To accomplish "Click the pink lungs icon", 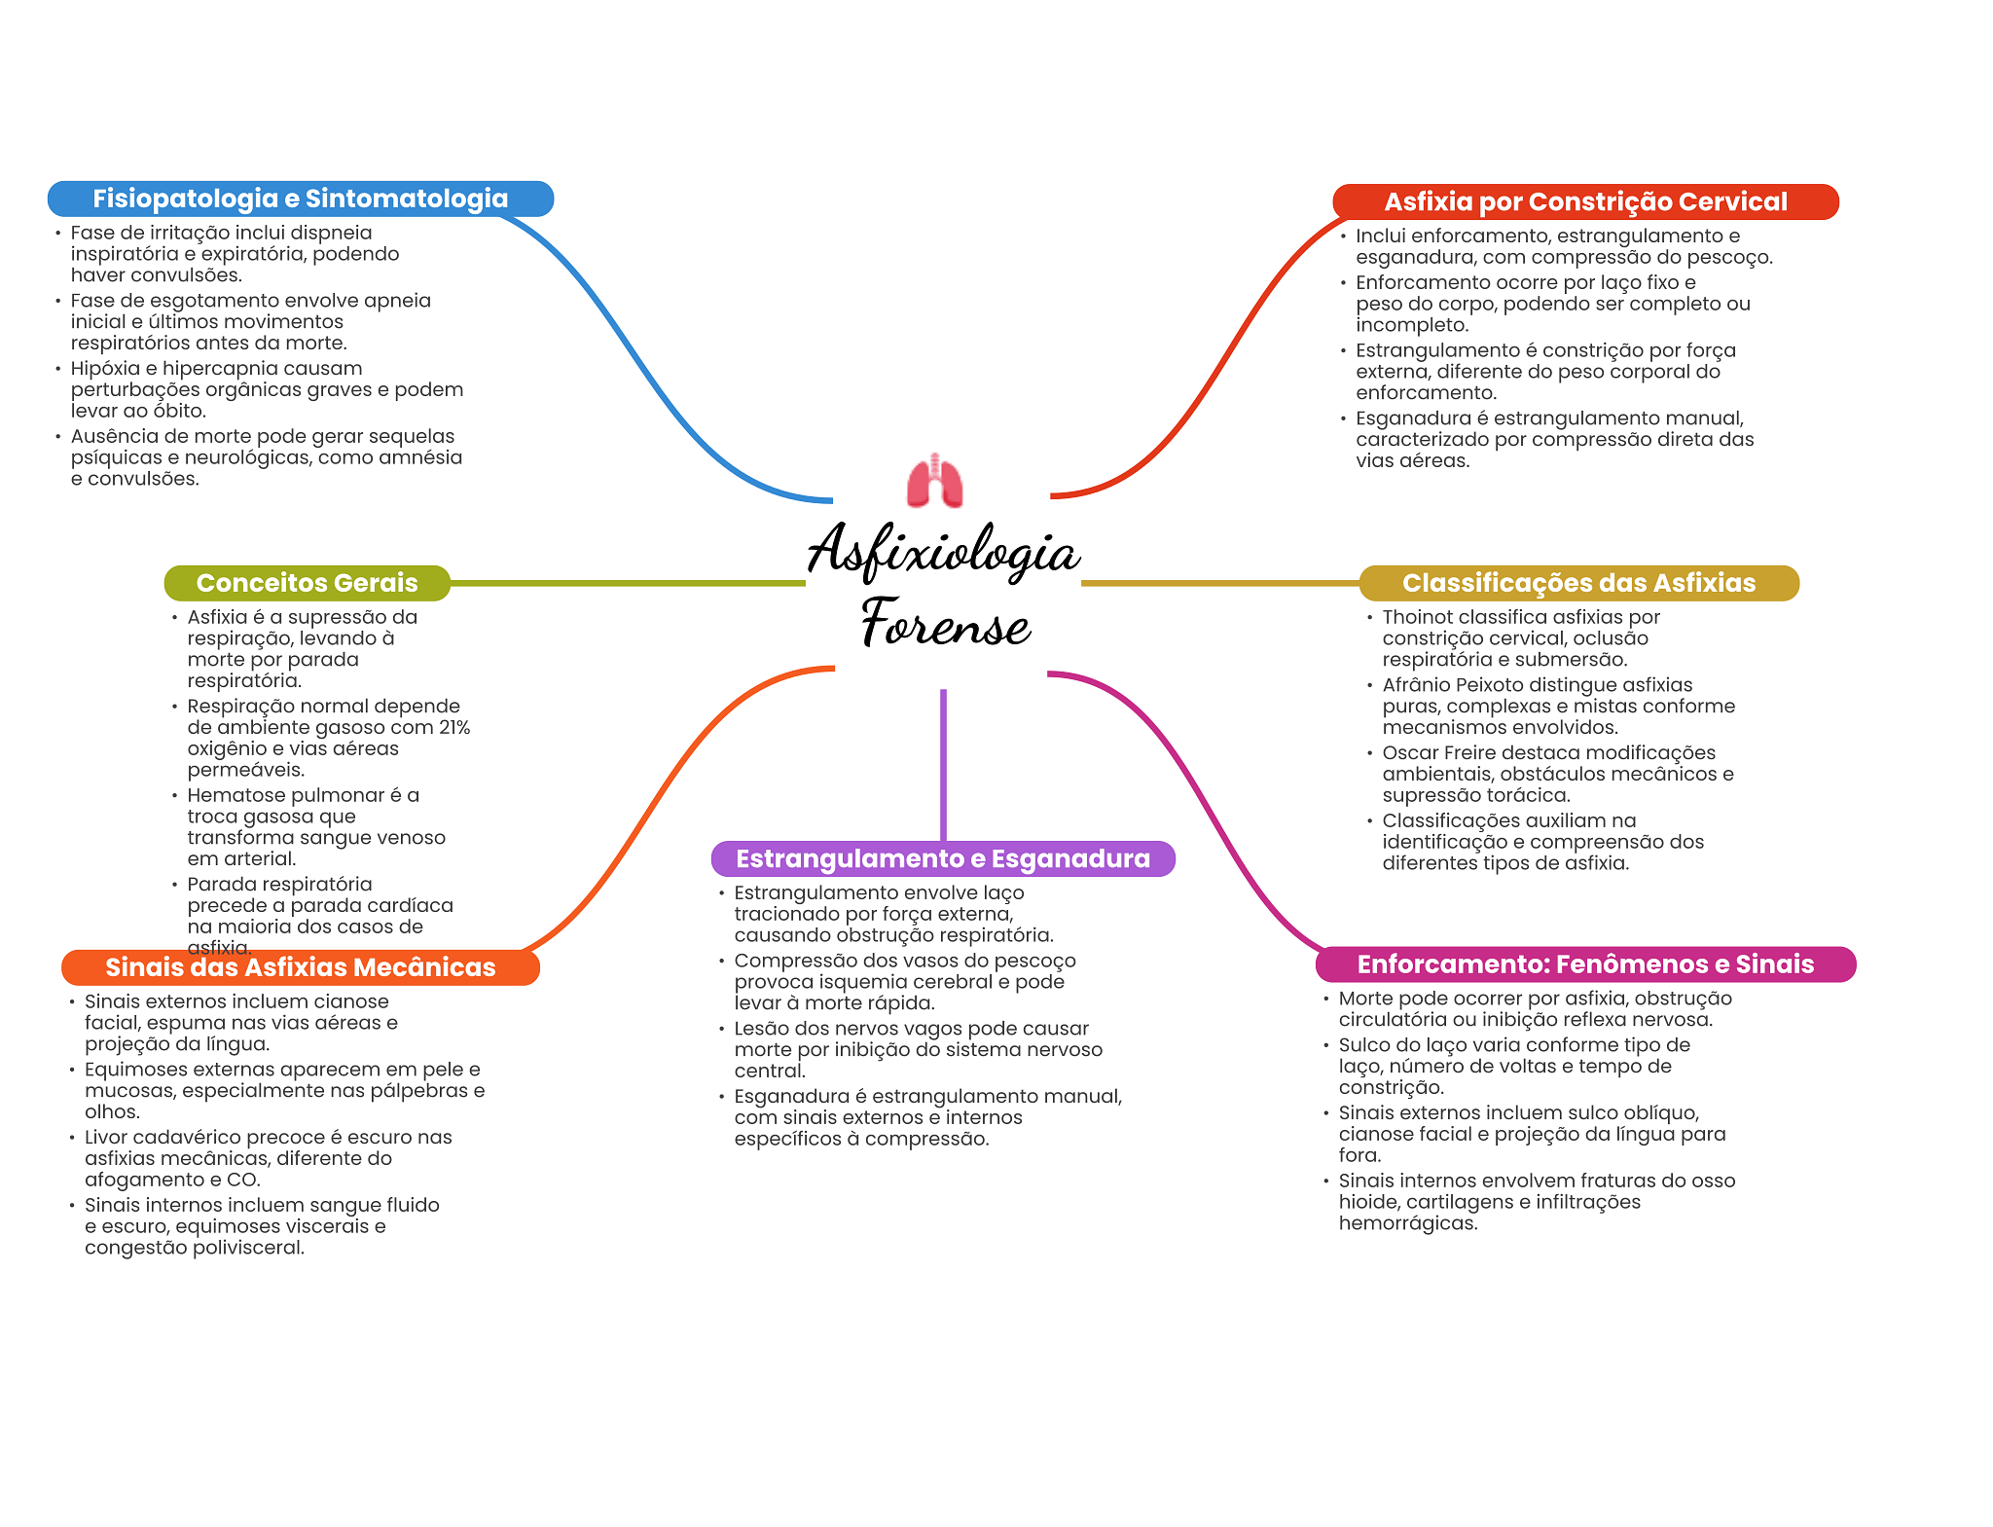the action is point(934,481).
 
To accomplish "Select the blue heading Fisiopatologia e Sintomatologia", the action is point(300,199).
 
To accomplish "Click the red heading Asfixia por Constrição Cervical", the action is point(1584,201).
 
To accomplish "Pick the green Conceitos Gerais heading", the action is point(307,583).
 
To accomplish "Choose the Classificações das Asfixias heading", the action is point(1577,583).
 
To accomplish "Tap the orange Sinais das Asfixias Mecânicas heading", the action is point(300,967).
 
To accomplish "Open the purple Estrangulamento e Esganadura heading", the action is point(942,858).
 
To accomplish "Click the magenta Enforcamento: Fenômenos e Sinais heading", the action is point(1584,964).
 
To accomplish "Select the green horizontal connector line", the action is point(628,584).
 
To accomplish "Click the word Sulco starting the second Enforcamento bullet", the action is point(1364,1045).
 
